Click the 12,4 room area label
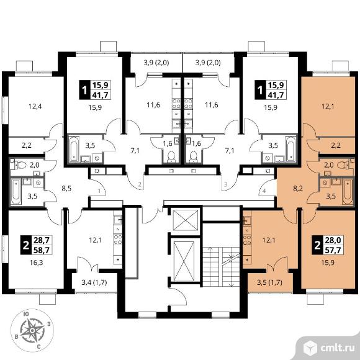[35, 106]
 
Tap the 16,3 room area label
[36, 263]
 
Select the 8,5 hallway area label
[66, 189]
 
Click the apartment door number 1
[99, 191]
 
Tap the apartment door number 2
[140, 184]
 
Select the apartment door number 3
[226, 184]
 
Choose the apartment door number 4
[264, 191]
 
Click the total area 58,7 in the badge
[42, 250]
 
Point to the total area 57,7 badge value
[333, 250]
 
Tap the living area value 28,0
[333, 240]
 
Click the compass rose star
[33, 330]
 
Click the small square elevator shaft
[186, 220]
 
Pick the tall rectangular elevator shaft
[184, 261]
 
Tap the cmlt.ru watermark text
[337, 349]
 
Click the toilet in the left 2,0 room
[20, 164]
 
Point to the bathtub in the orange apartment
[347, 192]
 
